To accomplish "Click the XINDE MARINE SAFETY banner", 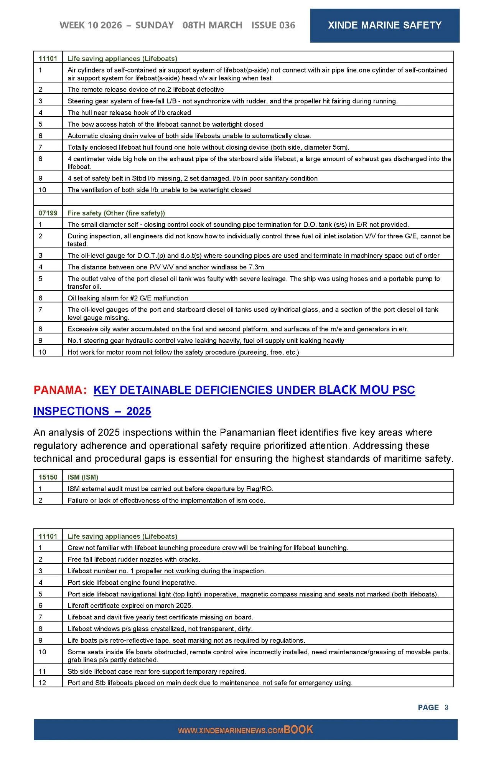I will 384,25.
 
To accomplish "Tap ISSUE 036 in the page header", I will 273,25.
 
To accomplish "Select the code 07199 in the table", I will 48,213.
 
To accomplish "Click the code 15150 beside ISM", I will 48,477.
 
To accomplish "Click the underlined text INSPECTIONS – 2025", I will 92,411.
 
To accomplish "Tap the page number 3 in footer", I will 446,707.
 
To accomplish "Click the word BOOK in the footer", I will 298,729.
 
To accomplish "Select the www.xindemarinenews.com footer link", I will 230,731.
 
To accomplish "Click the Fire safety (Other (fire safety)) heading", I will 116,213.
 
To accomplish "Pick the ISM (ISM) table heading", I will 83,477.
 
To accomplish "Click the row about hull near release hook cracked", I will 129,113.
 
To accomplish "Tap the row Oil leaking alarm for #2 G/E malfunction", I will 128,298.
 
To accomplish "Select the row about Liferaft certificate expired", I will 130,606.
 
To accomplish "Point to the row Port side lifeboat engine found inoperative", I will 132,582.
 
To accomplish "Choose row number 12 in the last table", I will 42,683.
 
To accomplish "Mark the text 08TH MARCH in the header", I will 213,25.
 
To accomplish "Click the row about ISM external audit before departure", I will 170,489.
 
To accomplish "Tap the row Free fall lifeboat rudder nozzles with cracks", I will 134,559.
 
